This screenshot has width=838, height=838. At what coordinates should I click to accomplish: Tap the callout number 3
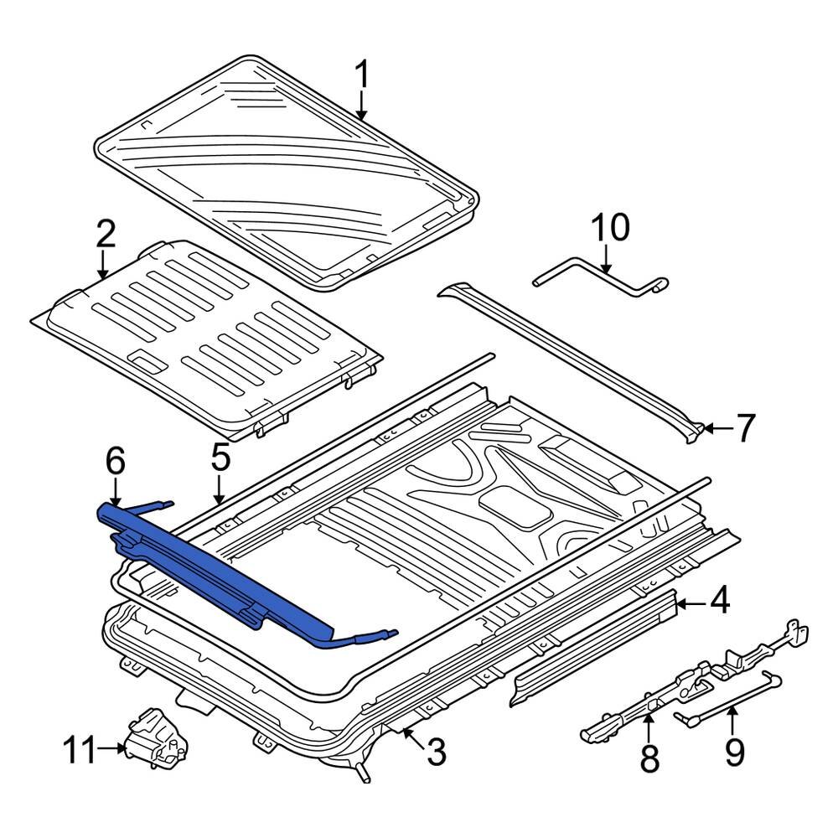[x=436, y=753]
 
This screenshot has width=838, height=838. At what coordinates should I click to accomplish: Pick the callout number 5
[x=220, y=458]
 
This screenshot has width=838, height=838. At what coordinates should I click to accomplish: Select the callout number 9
[x=734, y=752]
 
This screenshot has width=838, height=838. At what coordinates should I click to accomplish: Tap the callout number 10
[x=610, y=227]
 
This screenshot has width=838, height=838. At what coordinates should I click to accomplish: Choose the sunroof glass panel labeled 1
[x=285, y=168]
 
